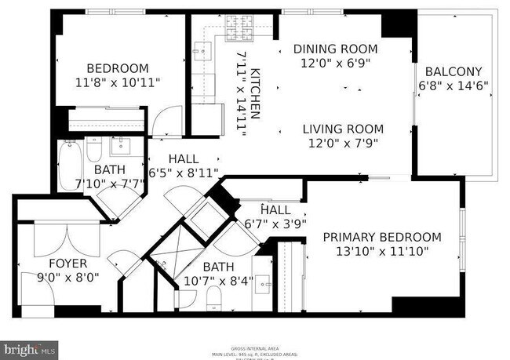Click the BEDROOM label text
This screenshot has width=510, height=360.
(117, 67)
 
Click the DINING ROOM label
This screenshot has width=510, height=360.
(330, 49)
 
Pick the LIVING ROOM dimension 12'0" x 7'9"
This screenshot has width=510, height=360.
(344, 144)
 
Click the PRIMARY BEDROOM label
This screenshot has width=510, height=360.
(382, 237)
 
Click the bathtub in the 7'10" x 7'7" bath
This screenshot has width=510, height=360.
(69, 165)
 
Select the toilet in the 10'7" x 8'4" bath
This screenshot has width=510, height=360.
(213, 296)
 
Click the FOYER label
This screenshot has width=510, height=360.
(65, 264)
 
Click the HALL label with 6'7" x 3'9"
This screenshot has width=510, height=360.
(275, 210)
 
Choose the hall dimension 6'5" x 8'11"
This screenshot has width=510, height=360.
(183, 173)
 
